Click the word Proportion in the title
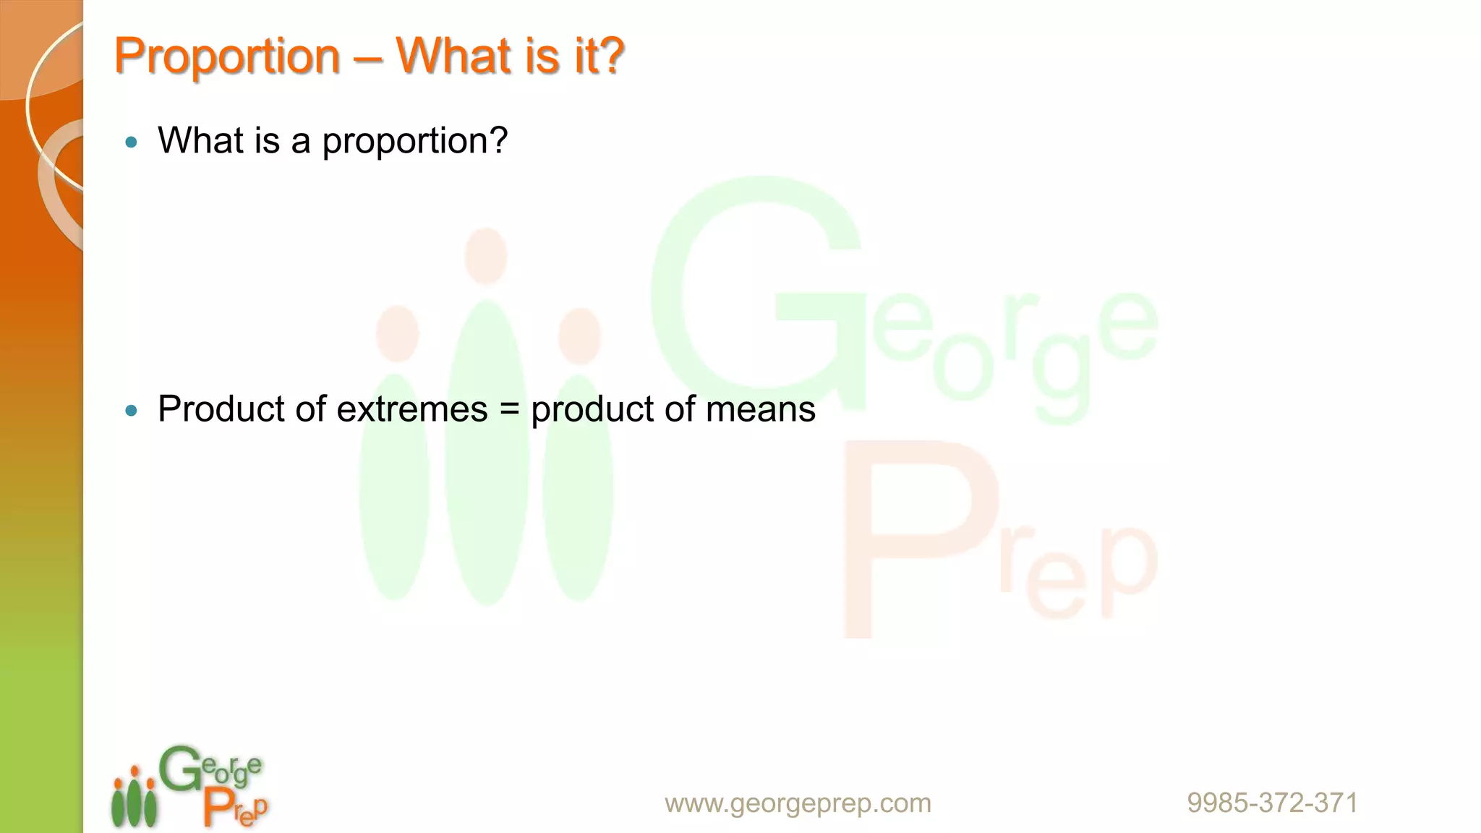point(227,56)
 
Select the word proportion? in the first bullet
point(414,142)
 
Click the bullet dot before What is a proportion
point(131,142)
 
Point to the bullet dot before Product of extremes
point(131,411)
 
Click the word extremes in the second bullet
point(412,409)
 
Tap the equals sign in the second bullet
point(510,410)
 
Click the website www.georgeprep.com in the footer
point(798,803)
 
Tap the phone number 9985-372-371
point(1272,803)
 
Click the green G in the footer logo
point(179,769)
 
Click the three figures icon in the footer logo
point(134,798)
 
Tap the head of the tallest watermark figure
point(486,255)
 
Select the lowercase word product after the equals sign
point(593,410)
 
